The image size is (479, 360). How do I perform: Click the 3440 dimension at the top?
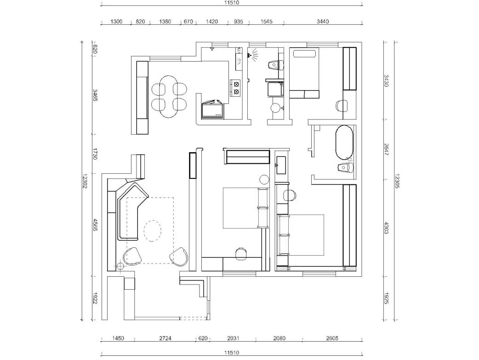(323, 22)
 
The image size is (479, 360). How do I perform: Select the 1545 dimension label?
(266, 22)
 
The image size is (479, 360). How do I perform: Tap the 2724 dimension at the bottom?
(165, 338)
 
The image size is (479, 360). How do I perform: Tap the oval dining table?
(170, 97)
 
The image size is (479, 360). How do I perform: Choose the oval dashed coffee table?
(153, 230)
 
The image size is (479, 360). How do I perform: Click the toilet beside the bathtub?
(345, 167)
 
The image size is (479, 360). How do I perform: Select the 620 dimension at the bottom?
(203, 338)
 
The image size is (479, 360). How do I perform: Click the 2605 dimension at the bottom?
(332, 338)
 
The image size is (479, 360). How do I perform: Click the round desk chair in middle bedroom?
(240, 252)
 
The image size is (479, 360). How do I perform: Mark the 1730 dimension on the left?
(96, 154)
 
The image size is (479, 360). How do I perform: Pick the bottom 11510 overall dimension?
(231, 353)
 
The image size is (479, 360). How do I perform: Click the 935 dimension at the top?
(239, 22)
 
